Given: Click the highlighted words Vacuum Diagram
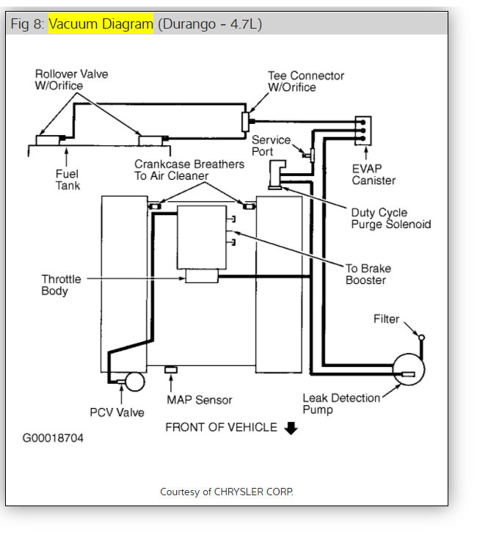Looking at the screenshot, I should click(101, 24).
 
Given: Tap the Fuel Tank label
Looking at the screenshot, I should click(67, 180).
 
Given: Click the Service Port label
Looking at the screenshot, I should click(271, 146).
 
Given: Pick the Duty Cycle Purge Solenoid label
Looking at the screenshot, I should click(390, 219).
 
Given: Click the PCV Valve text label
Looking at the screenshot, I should click(117, 412).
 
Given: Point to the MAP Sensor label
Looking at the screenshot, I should click(199, 400).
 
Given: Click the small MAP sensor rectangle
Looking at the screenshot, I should click(170, 368).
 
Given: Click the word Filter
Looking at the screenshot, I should click(386, 319).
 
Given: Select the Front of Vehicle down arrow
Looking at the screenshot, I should click(291, 428).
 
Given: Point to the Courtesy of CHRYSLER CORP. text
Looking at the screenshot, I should click(226, 492).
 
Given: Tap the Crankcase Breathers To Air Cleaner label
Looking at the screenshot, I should click(189, 170).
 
